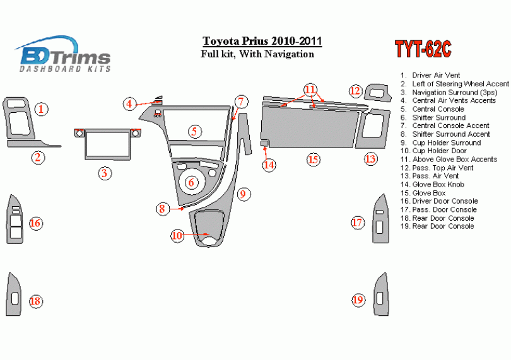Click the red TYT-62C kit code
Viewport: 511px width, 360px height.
click(423, 49)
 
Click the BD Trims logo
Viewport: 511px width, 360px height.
click(63, 54)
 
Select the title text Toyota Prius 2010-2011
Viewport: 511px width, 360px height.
click(262, 41)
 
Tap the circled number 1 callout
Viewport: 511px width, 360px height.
click(42, 109)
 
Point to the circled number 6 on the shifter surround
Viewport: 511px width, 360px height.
click(191, 182)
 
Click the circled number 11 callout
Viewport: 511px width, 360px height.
click(310, 90)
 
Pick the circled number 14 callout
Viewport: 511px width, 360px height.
click(269, 165)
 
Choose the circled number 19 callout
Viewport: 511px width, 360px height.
click(358, 299)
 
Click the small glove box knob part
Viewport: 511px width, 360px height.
click(264, 143)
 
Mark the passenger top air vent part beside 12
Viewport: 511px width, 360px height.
click(377, 93)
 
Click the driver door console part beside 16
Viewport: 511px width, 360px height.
click(15, 219)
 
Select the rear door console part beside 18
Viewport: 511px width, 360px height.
click(14, 295)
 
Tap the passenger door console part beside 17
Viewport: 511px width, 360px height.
click(380, 219)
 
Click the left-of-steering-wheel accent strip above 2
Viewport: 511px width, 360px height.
click(33, 144)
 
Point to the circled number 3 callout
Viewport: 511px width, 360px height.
click(105, 173)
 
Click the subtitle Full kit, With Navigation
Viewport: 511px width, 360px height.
click(257, 54)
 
